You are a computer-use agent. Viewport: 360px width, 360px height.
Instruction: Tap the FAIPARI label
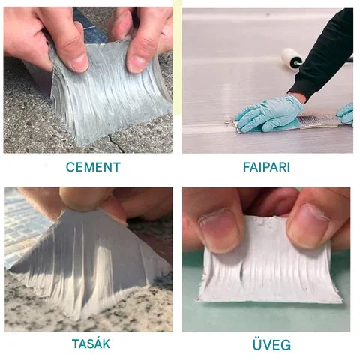[265, 167]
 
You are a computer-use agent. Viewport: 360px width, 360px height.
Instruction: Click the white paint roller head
[291, 58]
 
